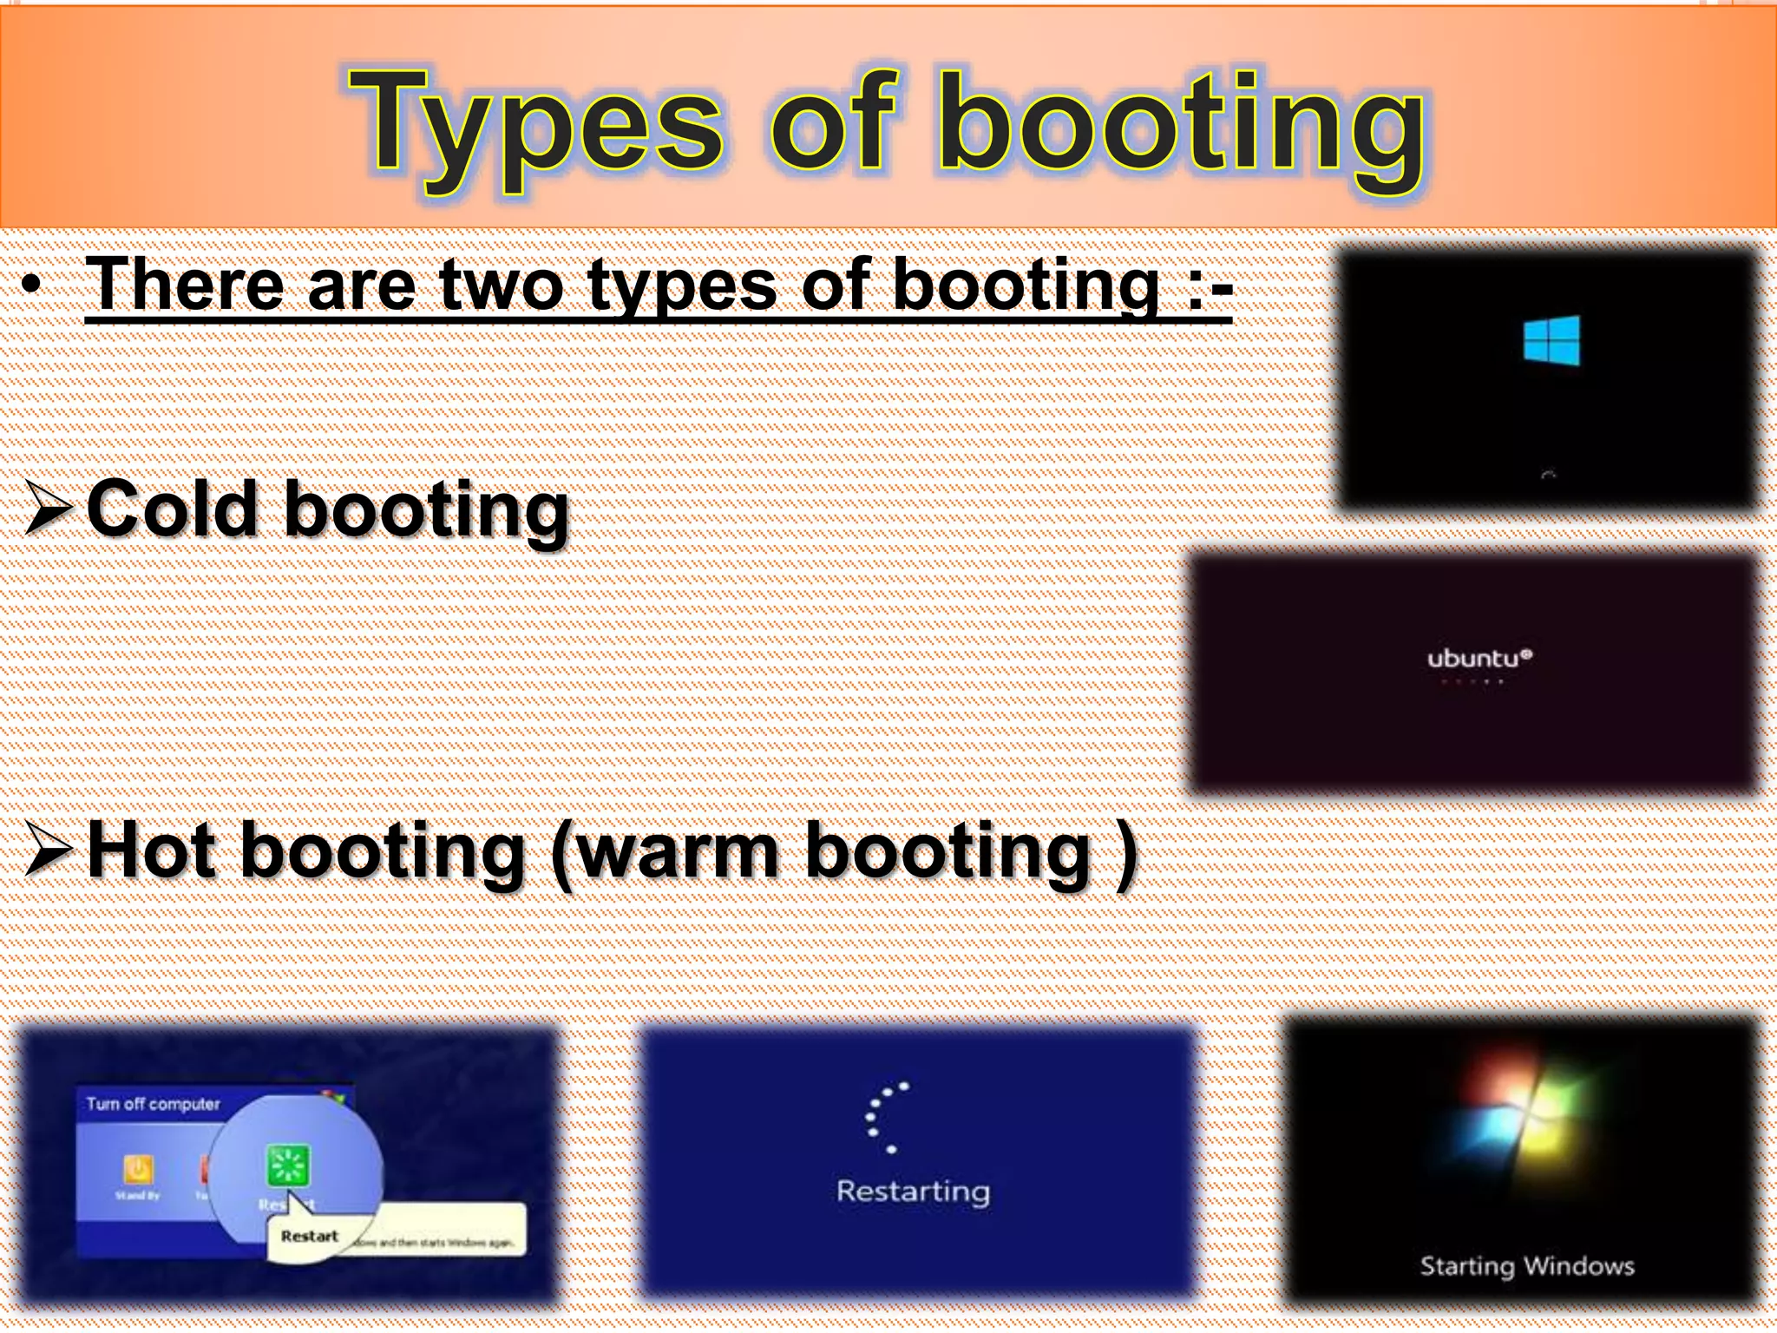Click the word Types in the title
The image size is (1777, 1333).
point(534,126)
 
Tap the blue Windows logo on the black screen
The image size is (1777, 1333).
point(1551,340)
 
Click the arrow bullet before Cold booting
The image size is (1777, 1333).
point(48,509)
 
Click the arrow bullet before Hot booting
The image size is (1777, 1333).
point(48,850)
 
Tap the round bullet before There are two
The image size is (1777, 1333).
point(32,286)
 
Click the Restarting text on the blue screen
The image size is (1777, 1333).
point(913,1191)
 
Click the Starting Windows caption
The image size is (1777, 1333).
point(1527,1266)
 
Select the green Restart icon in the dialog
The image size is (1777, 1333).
point(287,1166)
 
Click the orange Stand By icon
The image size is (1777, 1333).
point(138,1169)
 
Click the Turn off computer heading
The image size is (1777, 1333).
point(153,1104)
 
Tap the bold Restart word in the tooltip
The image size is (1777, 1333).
point(310,1236)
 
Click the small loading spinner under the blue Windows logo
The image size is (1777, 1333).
point(1548,475)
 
